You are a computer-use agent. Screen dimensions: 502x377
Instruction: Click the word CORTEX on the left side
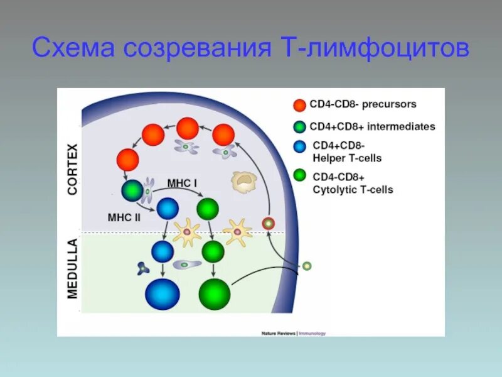pyautogui.click(x=72, y=169)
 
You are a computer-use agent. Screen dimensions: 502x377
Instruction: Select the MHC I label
pyautogui.click(x=182, y=183)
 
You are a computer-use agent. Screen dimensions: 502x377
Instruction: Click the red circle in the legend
pyautogui.click(x=300, y=105)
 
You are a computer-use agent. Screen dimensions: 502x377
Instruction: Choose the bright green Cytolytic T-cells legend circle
pyautogui.click(x=300, y=175)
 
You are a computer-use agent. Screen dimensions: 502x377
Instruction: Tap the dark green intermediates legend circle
pyautogui.click(x=300, y=127)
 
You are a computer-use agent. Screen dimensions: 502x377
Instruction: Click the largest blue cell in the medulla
pyautogui.click(x=163, y=294)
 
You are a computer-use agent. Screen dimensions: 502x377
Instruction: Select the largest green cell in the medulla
pyautogui.click(x=215, y=294)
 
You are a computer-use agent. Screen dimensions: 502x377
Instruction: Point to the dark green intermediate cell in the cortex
pyautogui.click(x=132, y=190)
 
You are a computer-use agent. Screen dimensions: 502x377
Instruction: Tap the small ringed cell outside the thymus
pyautogui.click(x=306, y=266)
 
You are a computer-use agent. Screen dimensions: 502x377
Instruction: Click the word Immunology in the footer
pyautogui.click(x=312, y=333)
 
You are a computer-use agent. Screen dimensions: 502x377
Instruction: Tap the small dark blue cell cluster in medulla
pyautogui.click(x=143, y=268)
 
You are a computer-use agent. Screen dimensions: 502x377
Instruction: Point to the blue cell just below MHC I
pyautogui.click(x=168, y=208)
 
